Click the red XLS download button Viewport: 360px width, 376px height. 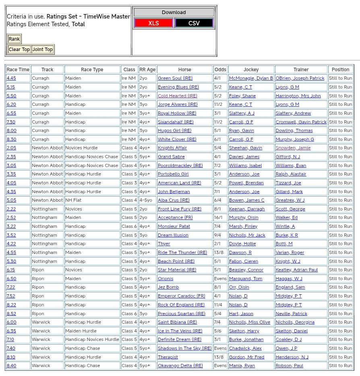coord(153,23)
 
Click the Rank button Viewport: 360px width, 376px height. coord(14,39)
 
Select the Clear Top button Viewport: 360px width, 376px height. coord(19,50)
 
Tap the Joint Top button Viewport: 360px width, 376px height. coord(43,50)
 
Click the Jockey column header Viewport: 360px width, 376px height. coord(251,70)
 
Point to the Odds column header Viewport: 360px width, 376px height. coord(220,70)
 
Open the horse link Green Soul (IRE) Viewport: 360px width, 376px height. coord(175,79)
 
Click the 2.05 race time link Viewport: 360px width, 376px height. coord(11,148)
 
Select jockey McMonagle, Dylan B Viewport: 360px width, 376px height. coord(251,79)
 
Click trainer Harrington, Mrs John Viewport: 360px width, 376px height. coord(298,96)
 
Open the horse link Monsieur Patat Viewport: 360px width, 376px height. coord(174,226)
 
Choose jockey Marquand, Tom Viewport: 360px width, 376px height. coord(246,279)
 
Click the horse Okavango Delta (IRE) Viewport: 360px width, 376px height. coord(180,366)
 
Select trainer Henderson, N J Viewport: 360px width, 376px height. coord(292,357)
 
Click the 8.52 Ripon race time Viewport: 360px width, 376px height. coord(11,314)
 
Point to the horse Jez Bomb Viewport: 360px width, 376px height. coord(168,287)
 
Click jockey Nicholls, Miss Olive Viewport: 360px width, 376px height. coord(250,322)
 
